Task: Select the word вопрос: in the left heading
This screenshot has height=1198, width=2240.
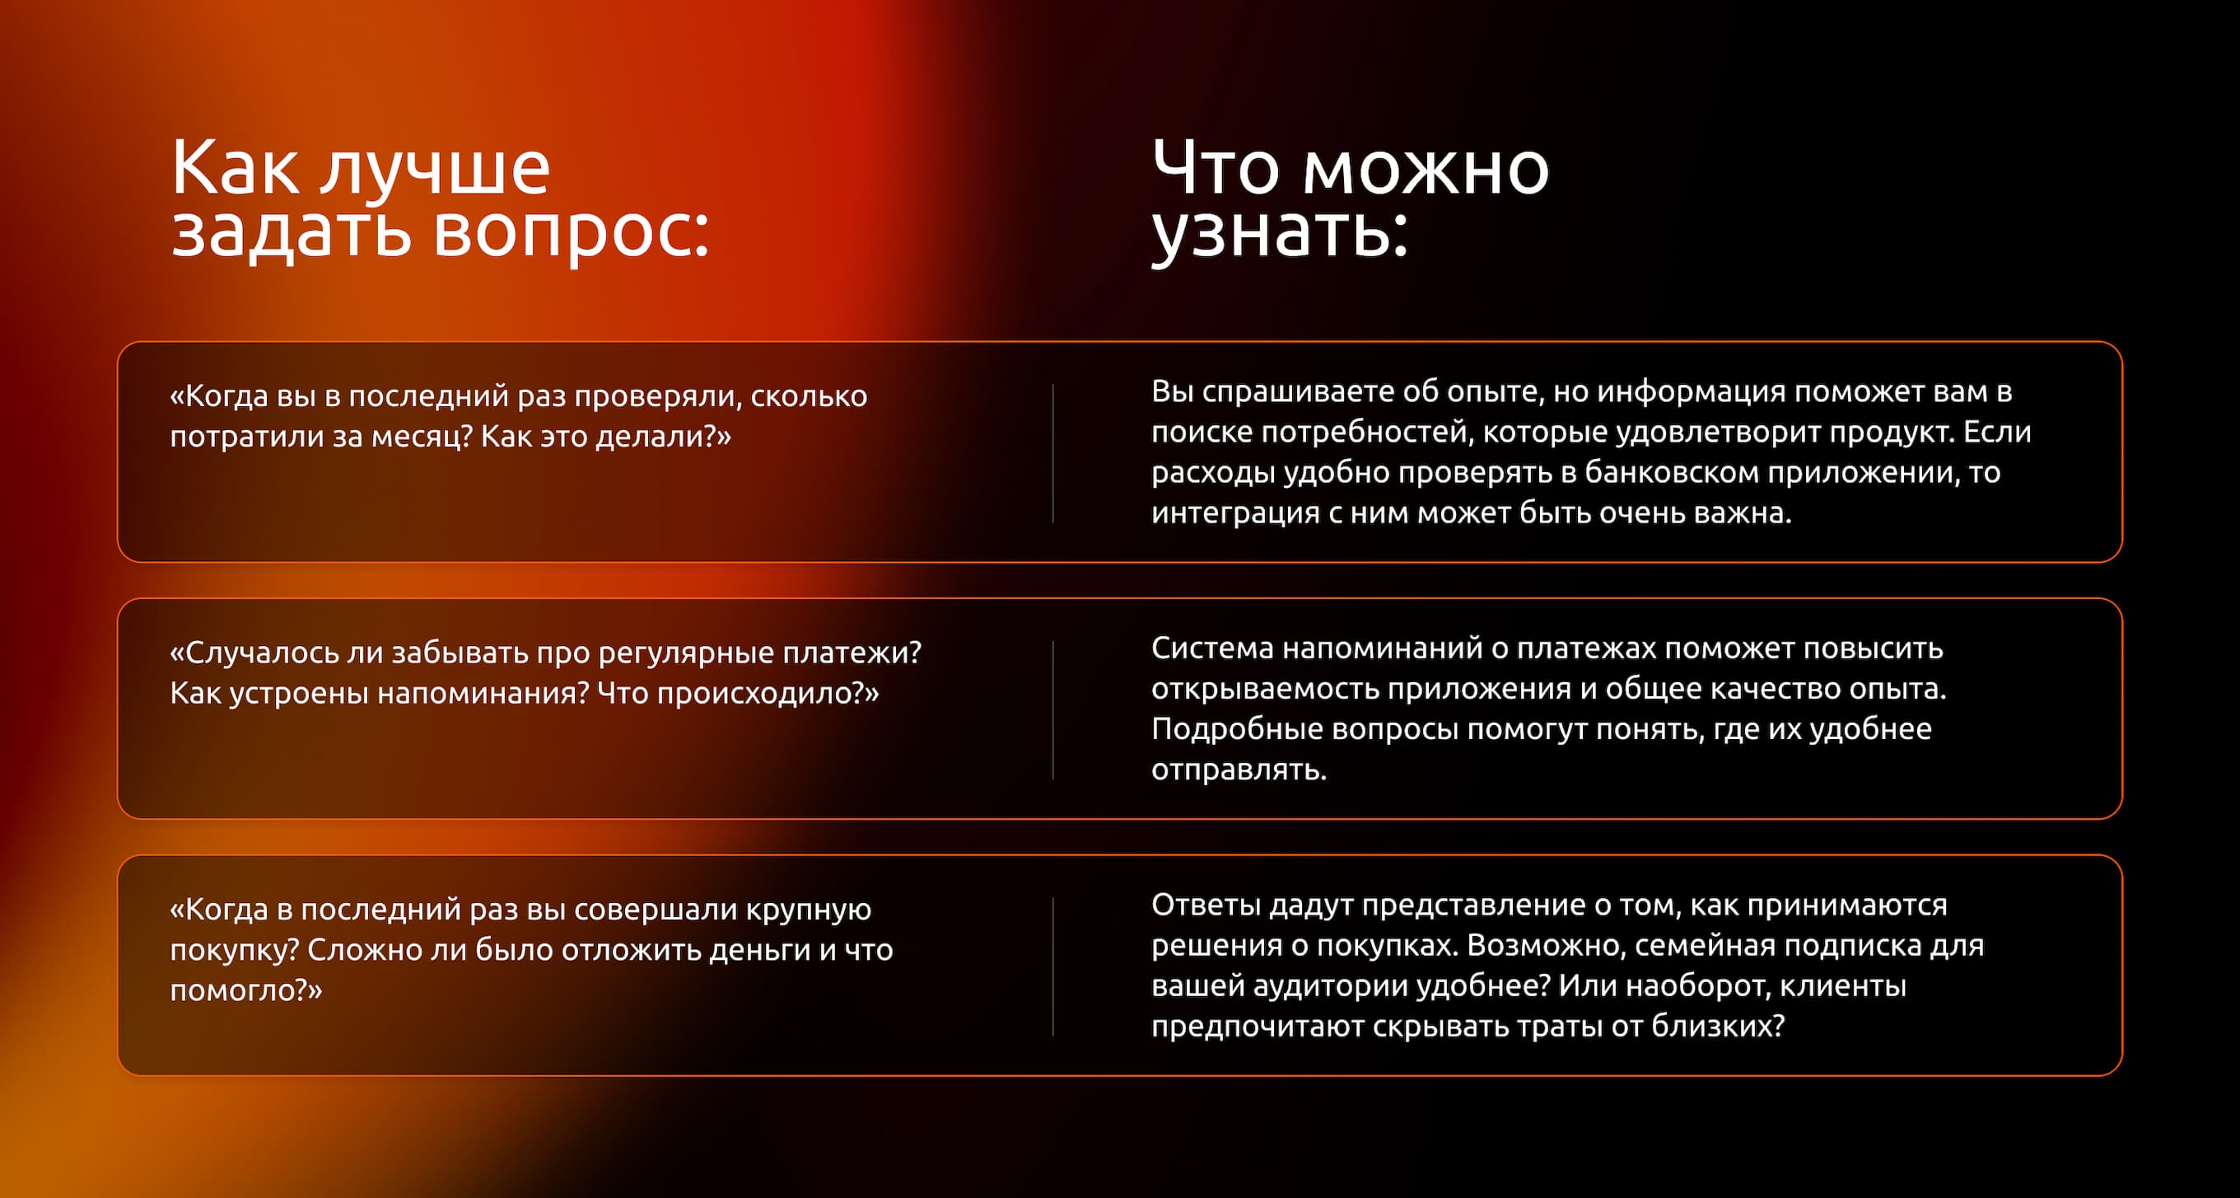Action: coord(572,233)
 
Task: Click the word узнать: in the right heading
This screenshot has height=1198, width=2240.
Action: coord(1279,233)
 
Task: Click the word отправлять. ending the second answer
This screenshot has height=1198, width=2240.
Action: coord(1239,770)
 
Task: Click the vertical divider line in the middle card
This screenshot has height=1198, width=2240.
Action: coord(1053,710)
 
